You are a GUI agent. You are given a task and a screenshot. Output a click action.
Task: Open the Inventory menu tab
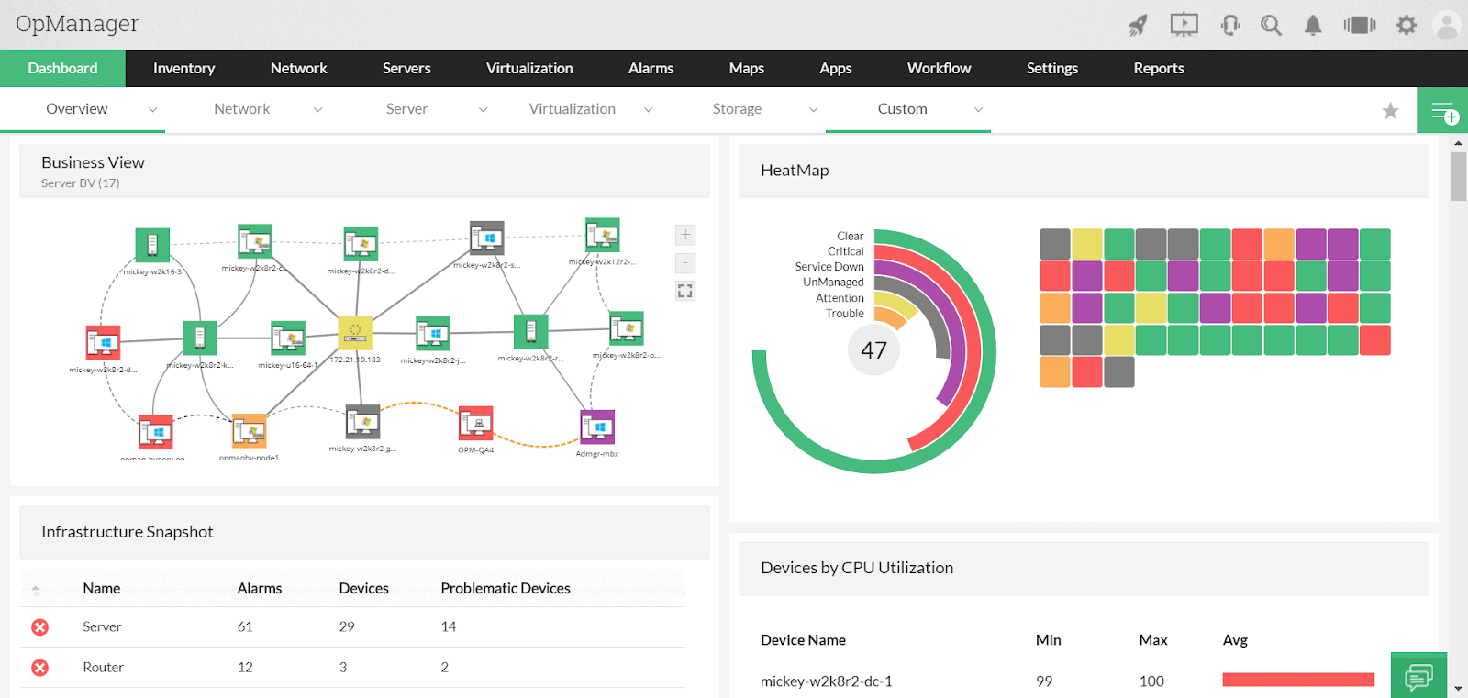pyautogui.click(x=183, y=69)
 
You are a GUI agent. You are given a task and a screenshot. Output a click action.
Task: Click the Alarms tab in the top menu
pyautogui.click(x=651, y=69)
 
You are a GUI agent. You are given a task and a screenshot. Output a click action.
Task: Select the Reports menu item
pyautogui.click(x=1158, y=69)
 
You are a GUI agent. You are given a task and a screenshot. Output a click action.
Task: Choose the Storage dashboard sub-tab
pyautogui.click(x=737, y=109)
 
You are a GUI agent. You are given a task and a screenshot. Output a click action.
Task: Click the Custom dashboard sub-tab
pyautogui.click(x=902, y=109)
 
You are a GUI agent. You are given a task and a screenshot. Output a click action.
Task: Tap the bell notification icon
pyautogui.click(x=1313, y=25)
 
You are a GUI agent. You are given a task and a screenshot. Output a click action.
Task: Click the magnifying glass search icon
pyautogui.click(x=1271, y=25)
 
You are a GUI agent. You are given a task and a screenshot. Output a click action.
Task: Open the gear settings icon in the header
pyautogui.click(x=1406, y=25)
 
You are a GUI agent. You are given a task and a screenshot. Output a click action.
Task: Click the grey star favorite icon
pyautogui.click(x=1390, y=111)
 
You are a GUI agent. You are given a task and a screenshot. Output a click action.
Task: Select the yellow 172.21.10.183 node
pyautogui.click(x=355, y=332)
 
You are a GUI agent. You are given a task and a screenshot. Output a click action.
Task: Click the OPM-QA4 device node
pyautogui.click(x=475, y=423)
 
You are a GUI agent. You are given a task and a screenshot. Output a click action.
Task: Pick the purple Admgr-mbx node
pyautogui.click(x=597, y=427)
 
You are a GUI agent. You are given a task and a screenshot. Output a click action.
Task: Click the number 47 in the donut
pyautogui.click(x=873, y=350)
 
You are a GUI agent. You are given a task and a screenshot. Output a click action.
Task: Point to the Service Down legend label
pyautogui.click(x=829, y=267)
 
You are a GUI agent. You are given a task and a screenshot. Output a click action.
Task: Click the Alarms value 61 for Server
pyautogui.click(x=245, y=627)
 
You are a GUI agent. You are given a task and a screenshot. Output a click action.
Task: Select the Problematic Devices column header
pyautogui.click(x=506, y=589)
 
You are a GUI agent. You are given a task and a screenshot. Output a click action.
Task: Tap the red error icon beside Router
pyautogui.click(x=40, y=668)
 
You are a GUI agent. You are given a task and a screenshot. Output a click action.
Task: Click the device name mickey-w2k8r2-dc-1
pyautogui.click(x=826, y=681)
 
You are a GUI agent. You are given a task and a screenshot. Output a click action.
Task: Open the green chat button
pyautogui.click(x=1418, y=677)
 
